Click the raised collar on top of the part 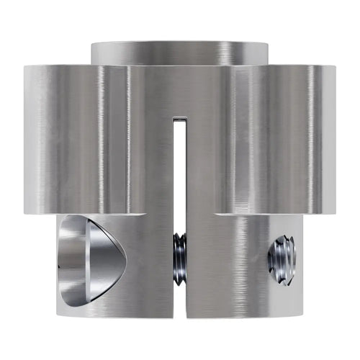coord(180,53)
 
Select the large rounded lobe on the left coord(76,137)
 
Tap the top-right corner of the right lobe coord(336,67)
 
